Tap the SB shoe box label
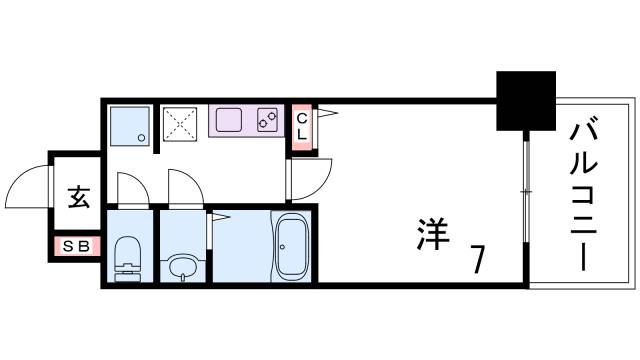click(x=76, y=246)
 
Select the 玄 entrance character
click(x=77, y=197)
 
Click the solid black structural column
click(x=526, y=100)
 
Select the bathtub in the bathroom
click(x=293, y=245)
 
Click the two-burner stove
click(x=267, y=119)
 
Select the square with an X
click(x=182, y=124)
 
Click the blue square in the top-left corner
click(x=129, y=124)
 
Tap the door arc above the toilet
click(x=130, y=187)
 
